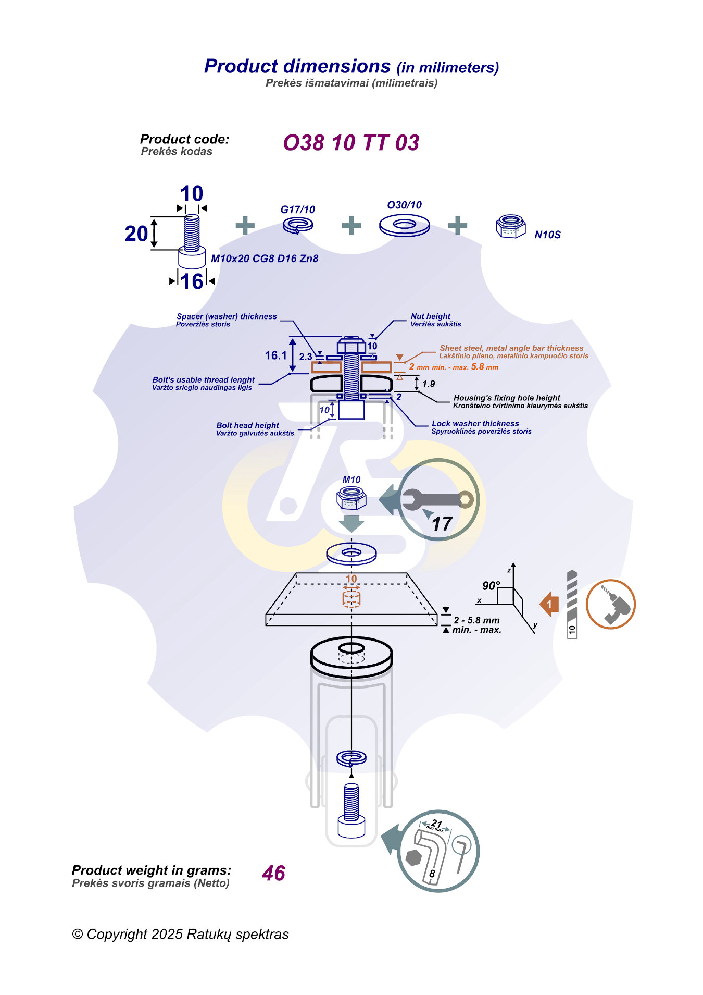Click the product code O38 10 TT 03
[x=351, y=143]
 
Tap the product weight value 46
[x=273, y=873]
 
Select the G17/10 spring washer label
[x=297, y=210]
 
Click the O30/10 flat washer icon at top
[x=404, y=225]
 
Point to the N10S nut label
[x=547, y=235]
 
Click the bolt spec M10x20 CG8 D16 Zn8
[x=265, y=259]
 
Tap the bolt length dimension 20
[x=136, y=234]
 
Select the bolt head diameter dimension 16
[x=192, y=281]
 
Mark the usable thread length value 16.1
[x=275, y=355]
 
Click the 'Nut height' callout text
[x=430, y=316]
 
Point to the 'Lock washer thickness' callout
[x=475, y=424]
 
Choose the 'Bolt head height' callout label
[x=247, y=425]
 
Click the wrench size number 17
[x=442, y=524]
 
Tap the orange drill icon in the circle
[x=610, y=604]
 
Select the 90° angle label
[x=491, y=586]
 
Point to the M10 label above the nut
[x=351, y=480]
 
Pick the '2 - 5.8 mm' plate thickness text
[x=476, y=620]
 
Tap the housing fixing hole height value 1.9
[x=429, y=384]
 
